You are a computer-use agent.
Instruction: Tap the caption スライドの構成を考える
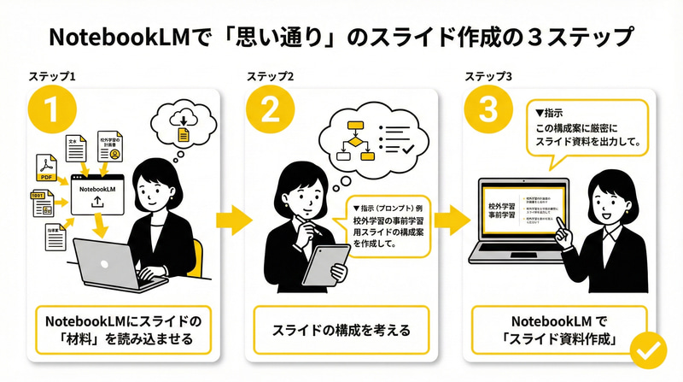(341, 328)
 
